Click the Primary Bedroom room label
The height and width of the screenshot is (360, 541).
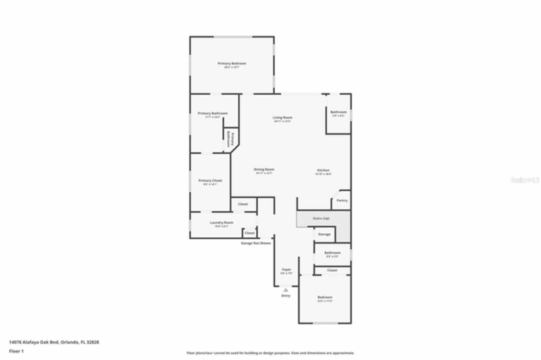pyautogui.click(x=232, y=63)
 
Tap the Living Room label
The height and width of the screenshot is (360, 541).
pyautogui.click(x=282, y=117)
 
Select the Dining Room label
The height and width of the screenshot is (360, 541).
pyautogui.click(x=264, y=169)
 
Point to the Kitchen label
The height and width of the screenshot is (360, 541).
pyautogui.click(x=323, y=170)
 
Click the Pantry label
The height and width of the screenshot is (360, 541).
pyautogui.click(x=342, y=200)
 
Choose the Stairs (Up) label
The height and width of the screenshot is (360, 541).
pyautogui.click(x=321, y=218)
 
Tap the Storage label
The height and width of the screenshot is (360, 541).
pyautogui.click(x=324, y=234)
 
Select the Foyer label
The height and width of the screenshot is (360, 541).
pyautogui.click(x=287, y=270)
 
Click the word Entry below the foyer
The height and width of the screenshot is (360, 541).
pyautogui.click(x=286, y=296)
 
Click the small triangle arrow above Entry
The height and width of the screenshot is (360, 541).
pyautogui.click(x=286, y=290)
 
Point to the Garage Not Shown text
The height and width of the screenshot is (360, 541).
pyautogui.click(x=256, y=243)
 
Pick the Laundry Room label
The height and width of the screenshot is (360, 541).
pyautogui.click(x=221, y=223)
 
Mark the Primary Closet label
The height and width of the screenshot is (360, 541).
pyautogui.click(x=210, y=180)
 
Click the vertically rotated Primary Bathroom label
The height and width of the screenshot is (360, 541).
pyautogui.click(x=230, y=138)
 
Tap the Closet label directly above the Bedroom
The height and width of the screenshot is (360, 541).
pyautogui.click(x=332, y=270)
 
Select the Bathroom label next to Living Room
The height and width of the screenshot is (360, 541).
pyautogui.click(x=339, y=112)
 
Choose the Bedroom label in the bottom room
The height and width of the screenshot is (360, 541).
pyautogui.click(x=325, y=297)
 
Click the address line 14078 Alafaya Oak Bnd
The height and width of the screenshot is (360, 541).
pyautogui.click(x=54, y=342)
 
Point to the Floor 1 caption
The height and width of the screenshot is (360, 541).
pyautogui.click(x=16, y=351)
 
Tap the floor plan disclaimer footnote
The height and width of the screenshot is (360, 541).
pyautogui.click(x=270, y=353)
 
